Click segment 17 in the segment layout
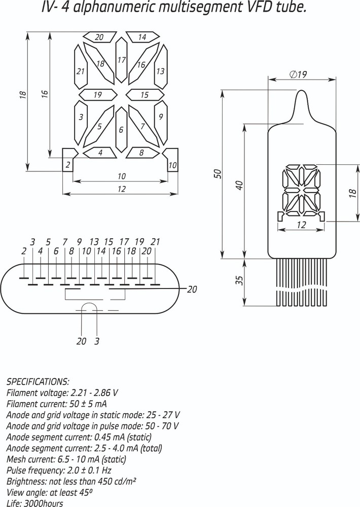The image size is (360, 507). pos(121,59)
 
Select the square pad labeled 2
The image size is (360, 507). pos(68,161)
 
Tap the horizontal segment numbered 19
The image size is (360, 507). pos(98,95)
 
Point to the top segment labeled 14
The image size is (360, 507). pos(142,37)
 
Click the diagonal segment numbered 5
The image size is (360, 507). pos(99,126)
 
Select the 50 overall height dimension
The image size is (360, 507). pos(218,173)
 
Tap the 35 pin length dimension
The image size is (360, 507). pos(239,281)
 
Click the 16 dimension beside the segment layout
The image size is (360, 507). pos(45,93)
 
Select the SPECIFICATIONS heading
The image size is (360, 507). pos(38,381)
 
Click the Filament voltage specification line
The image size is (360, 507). pos(62,392)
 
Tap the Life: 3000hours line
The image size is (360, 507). pos(35,503)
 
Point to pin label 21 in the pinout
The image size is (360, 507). pos(156,242)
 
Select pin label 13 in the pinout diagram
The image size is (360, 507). pos(94,242)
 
